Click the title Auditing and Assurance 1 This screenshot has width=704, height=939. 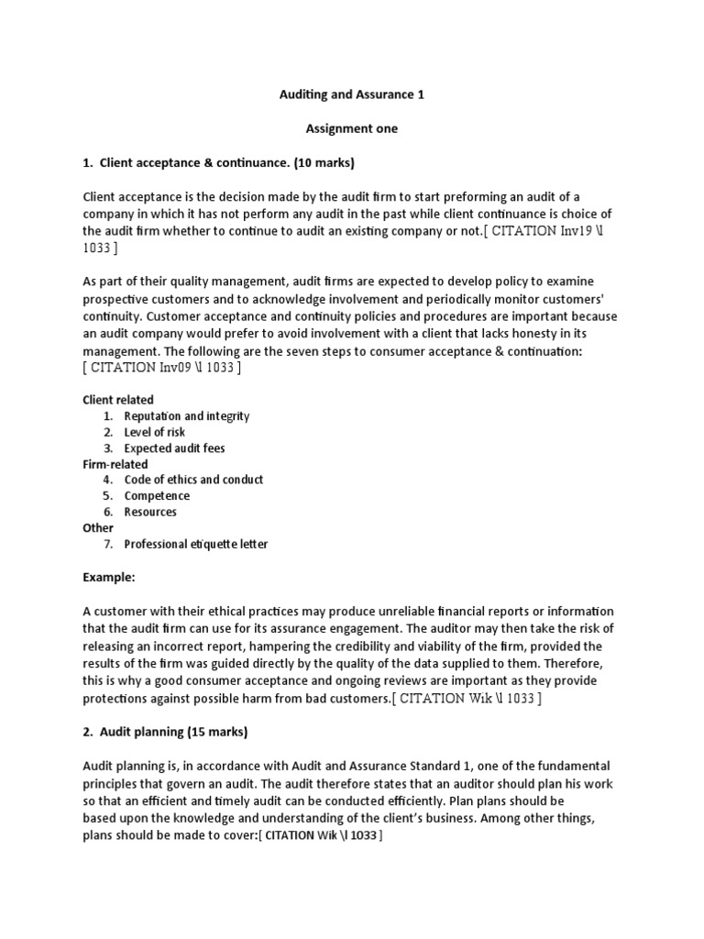click(x=352, y=94)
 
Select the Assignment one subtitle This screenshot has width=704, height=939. click(x=352, y=128)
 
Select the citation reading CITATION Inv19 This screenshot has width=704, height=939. click(x=543, y=230)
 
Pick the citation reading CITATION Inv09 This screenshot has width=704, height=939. click(x=161, y=368)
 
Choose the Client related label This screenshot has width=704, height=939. click(x=118, y=400)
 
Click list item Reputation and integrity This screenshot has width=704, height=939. click(x=187, y=416)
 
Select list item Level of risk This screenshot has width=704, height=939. click(x=156, y=432)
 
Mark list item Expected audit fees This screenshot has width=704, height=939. click(x=174, y=448)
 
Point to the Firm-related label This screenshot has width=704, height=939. click(x=115, y=464)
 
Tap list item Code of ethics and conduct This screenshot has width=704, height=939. click(x=193, y=480)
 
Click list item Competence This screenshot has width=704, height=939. click(x=157, y=496)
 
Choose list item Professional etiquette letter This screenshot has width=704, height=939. click(x=196, y=544)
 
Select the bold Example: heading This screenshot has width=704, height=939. click(x=109, y=579)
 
